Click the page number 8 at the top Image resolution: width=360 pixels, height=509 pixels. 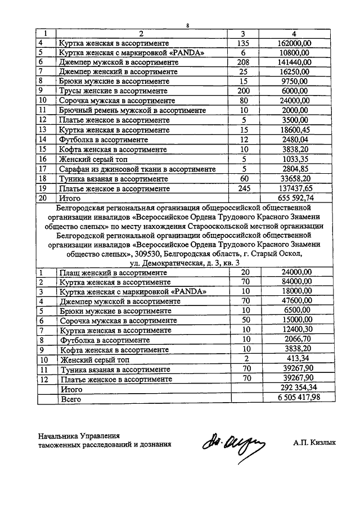[188, 25]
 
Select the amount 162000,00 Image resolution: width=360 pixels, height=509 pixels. [299, 43]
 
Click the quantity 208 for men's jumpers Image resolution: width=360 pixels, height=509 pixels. [244, 62]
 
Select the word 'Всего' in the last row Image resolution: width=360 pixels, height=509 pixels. [70, 399]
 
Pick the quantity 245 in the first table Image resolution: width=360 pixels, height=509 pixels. [244, 189]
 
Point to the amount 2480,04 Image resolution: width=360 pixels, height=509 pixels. [299, 139]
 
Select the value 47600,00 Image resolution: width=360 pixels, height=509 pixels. [299, 301]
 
